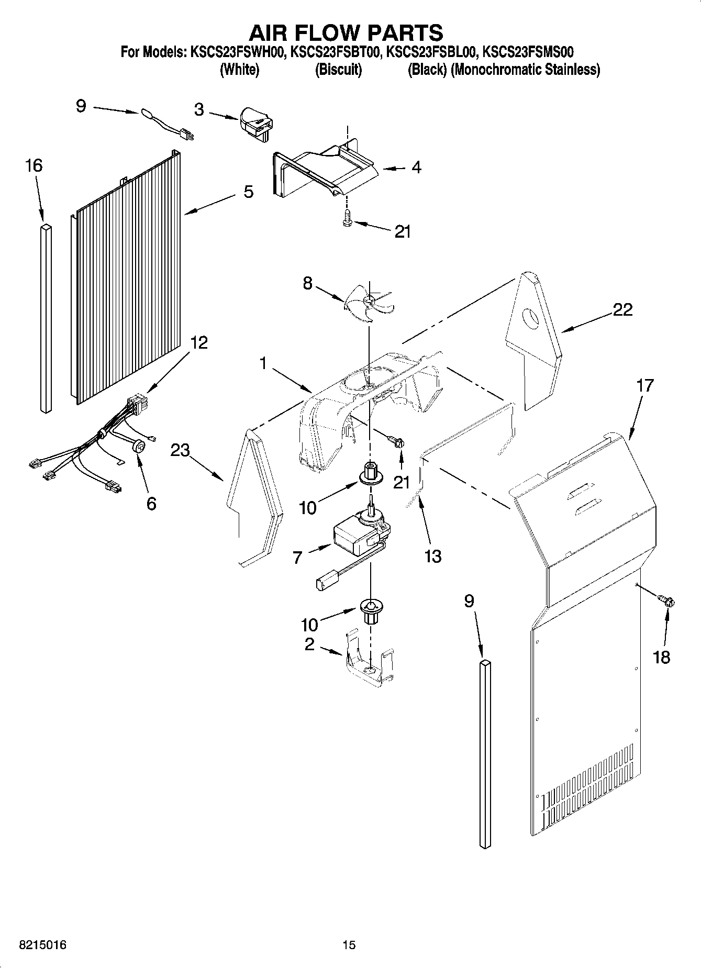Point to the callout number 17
[x=645, y=385]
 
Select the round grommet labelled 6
[x=139, y=446]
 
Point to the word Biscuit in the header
[x=338, y=70]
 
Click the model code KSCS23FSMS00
[x=528, y=52]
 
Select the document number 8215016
[x=35, y=945]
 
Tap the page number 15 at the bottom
[x=349, y=945]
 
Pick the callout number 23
[x=180, y=450]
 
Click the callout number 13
[x=433, y=556]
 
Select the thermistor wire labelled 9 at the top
[x=168, y=125]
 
